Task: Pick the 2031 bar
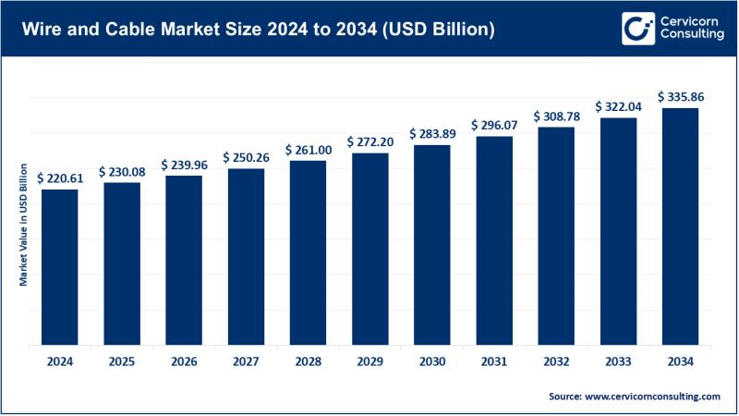pyautogui.click(x=493, y=239)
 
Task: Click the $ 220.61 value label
pyautogui.click(x=60, y=178)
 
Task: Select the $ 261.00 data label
pyautogui.click(x=308, y=150)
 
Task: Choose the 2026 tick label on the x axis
pyautogui.click(x=184, y=362)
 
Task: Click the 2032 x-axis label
pyautogui.click(x=555, y=362)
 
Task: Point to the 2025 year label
pyautogui.click(x=122, y=362)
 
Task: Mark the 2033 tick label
pyautogui.click(x=617, y=362)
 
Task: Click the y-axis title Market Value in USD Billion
pyautogui.click(x=23, y=222)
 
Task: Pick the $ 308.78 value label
pyautogui.click(x=555, y=117)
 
